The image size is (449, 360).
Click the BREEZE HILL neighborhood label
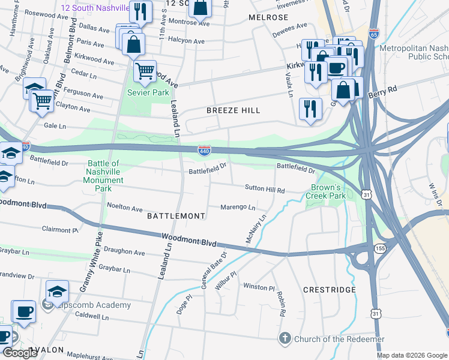point(234,110)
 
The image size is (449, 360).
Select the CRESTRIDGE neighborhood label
point(329,290)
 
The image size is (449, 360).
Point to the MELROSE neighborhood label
point(268,17)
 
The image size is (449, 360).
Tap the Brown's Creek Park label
point(326,191)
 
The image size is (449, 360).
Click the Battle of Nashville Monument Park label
point(103,176)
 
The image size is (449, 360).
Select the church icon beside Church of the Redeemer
point(286,339)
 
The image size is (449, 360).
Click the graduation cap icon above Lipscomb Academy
point(57,292)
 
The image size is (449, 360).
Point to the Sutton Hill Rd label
point(264,189)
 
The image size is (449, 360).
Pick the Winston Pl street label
point(258,287)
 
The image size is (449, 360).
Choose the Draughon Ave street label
point(124,253)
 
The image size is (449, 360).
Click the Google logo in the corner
point(20,353)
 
